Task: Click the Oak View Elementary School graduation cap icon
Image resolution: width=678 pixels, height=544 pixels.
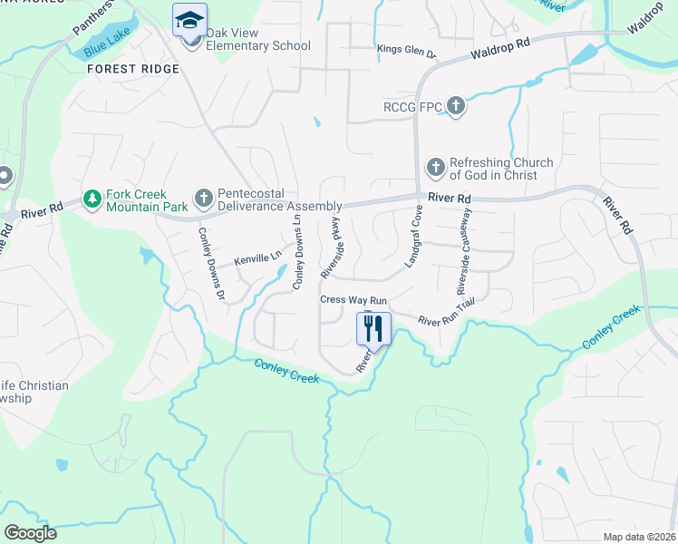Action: click(190, 20)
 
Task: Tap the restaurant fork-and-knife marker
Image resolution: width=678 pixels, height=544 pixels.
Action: click(373, 327)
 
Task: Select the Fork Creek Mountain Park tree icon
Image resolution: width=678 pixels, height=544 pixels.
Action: click(92, 198)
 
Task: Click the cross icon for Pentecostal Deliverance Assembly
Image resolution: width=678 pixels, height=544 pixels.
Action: click(204, 198)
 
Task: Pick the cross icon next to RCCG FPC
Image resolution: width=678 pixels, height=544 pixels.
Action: click(456, 107)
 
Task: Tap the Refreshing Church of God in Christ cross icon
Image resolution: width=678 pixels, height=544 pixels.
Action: click(436, 167)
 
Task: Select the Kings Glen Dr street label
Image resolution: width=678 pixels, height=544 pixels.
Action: click(407, 52)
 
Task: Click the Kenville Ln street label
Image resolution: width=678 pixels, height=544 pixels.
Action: click(257, 259)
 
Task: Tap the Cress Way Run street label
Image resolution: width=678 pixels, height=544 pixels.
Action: click(354, 300)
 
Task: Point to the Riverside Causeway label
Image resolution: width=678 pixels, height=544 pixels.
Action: click(464, 252)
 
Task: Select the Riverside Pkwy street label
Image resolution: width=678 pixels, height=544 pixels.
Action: click(331, 247)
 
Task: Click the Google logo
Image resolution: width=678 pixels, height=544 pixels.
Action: click(30, 533)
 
